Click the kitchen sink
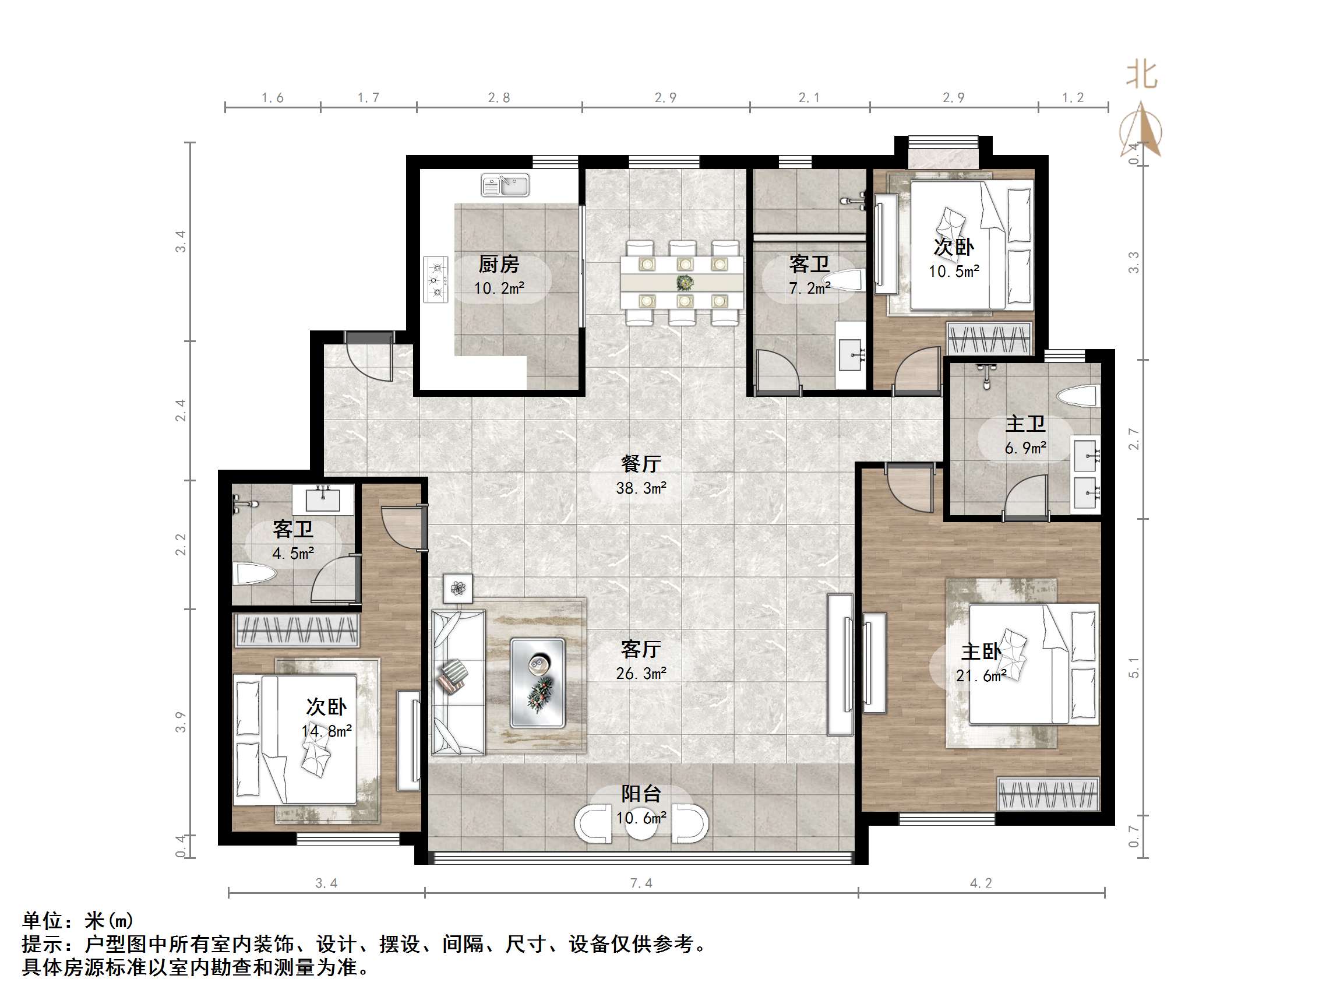[x=505, y=185]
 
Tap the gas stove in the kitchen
[x=436, y=279]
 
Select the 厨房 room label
[x=499, y=264]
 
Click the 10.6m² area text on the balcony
[x=641, y=818]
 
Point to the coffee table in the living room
[x=538, y=683]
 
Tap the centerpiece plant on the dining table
[x=685, y=282]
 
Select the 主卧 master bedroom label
[x=981, y=652]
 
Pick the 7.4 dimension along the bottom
[x=641, y=883]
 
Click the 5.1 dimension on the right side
[x=1134, y=667]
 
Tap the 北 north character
[x=1142, y=75]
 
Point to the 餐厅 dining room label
[x=641, y=463]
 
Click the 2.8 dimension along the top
[x=499, y=98]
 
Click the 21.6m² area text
[x=981, y=677]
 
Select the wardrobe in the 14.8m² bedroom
[x=297, y=630]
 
